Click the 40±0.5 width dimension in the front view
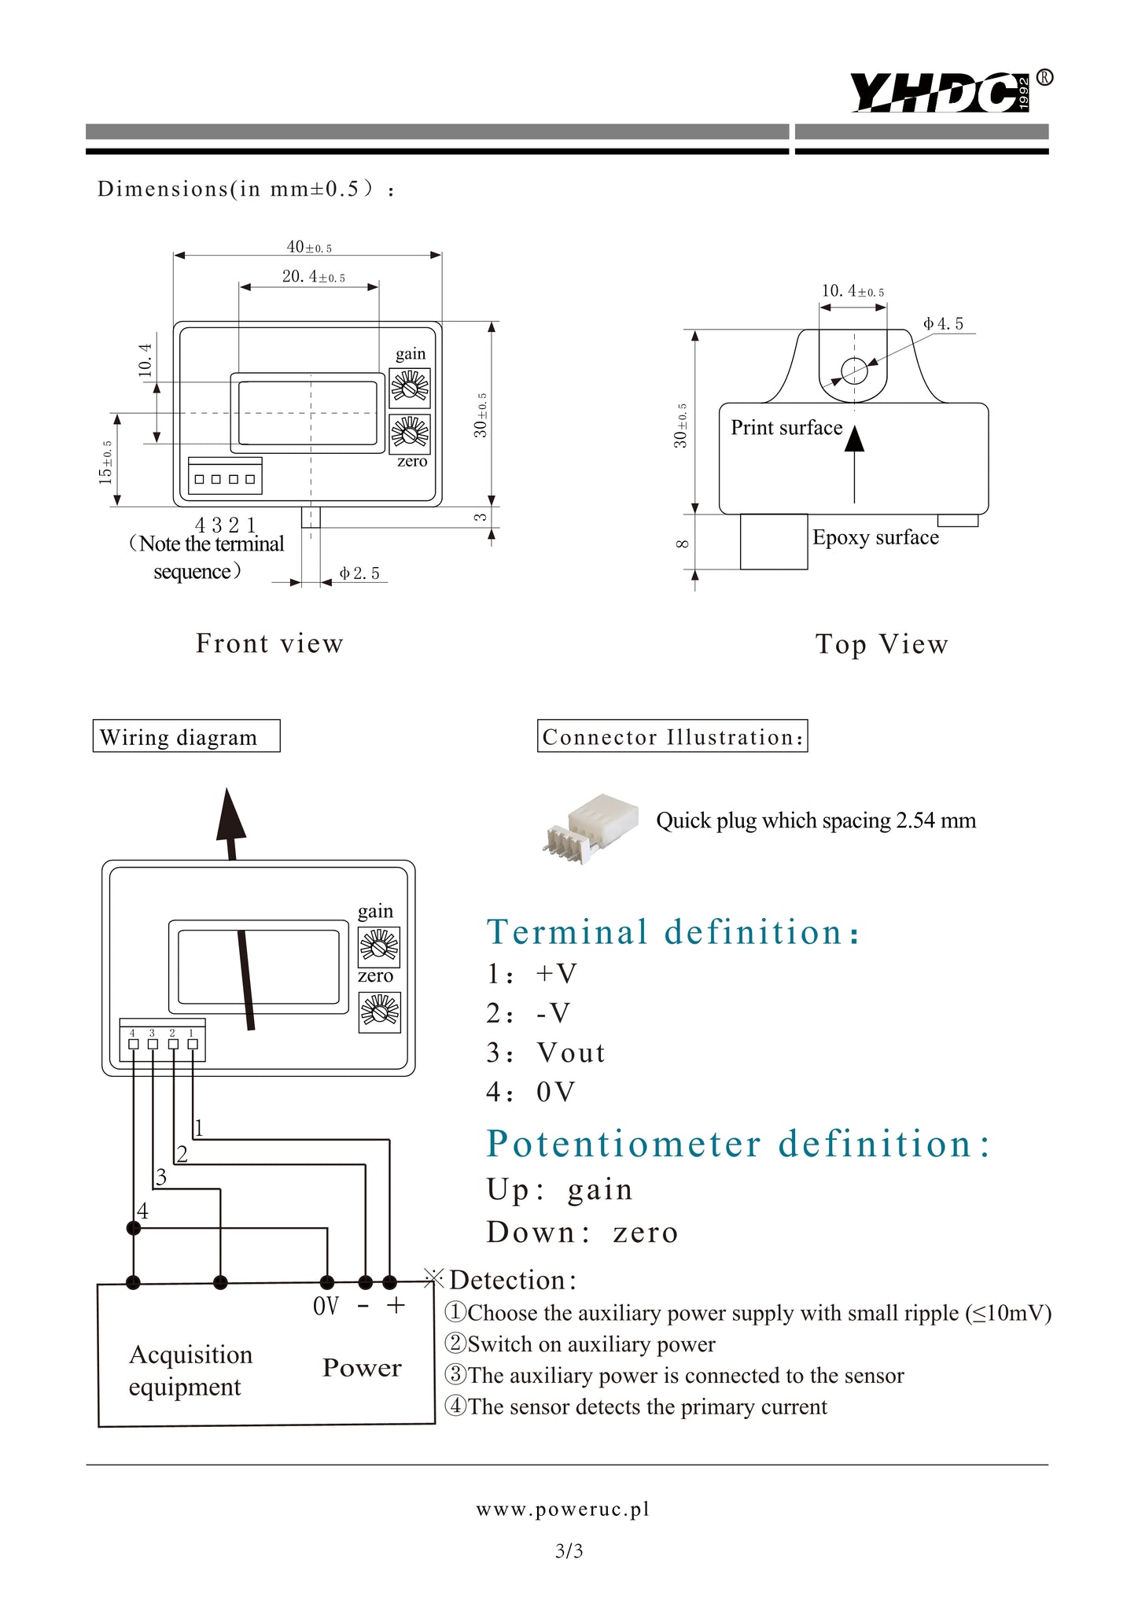[x=309, y=247]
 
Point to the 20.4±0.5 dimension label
[x=313, y=277]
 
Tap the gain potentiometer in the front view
[x=410, y=387]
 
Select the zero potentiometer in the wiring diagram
[x=379, y=1012]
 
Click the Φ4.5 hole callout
[x=943, y=324]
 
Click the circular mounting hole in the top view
[x=854, y=370]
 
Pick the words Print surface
[x=786, y=428]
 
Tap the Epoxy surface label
[x=875, y=537]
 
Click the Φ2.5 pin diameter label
[x=359, y=573]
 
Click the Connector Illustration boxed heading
[x=672, y=737]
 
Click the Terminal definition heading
[x=673, y=932]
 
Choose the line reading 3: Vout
[x=546, y=1052]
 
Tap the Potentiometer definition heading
[x=738, y=1144]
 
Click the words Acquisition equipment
[x=190, y=1370]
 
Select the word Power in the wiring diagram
[x=362, y=1368]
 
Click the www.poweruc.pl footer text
[x=563, y=1509]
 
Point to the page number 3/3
[x=569, y=1551]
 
